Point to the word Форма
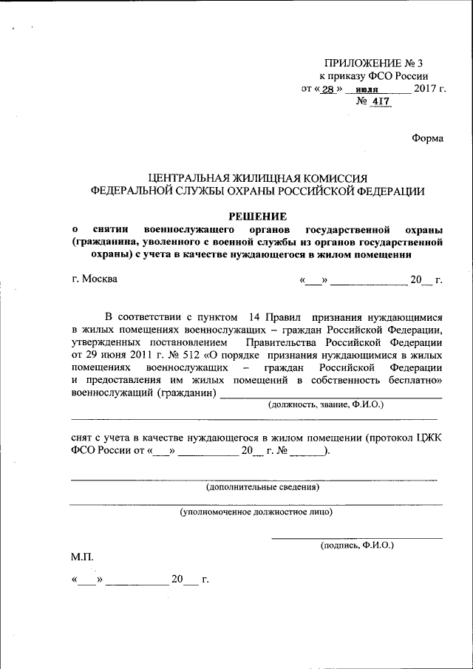coord(427,138)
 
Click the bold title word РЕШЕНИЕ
coord(256,217)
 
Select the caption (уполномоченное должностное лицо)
coord(256,511)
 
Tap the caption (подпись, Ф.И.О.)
coord(357,545)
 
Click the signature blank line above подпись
coord(357,537)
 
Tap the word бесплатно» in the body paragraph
coord(415,380)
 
